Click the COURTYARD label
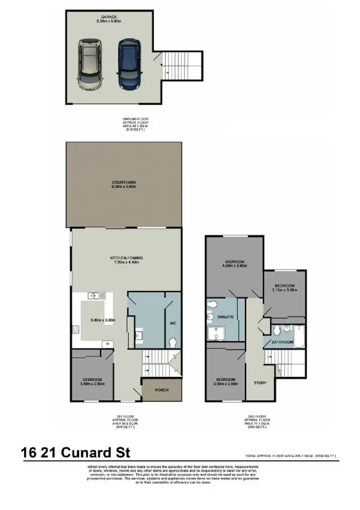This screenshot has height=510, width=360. tap(124, 182)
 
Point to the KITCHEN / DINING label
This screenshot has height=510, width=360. tap(124, 258)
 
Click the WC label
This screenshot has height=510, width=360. tap(174, 323)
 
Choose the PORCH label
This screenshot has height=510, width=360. tap(162, 390)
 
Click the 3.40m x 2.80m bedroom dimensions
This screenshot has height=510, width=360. tap(92, 384)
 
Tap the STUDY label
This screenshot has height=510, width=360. tap(260, 383)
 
